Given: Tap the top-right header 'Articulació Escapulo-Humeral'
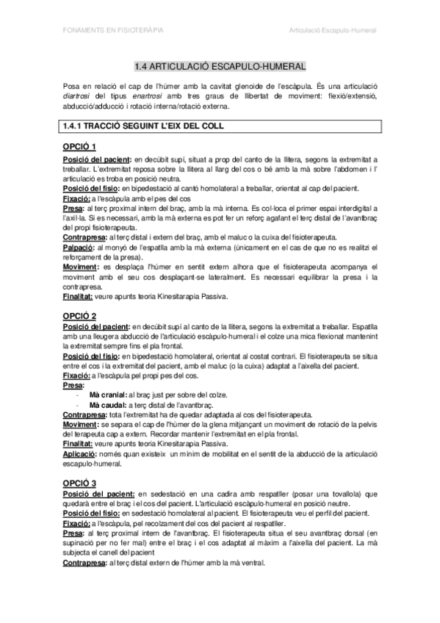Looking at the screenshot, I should tap(333, 32).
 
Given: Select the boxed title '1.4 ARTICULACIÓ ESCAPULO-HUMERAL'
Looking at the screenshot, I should tap(220, 66).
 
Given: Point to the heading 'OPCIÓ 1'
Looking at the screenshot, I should tap(79, 146).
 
